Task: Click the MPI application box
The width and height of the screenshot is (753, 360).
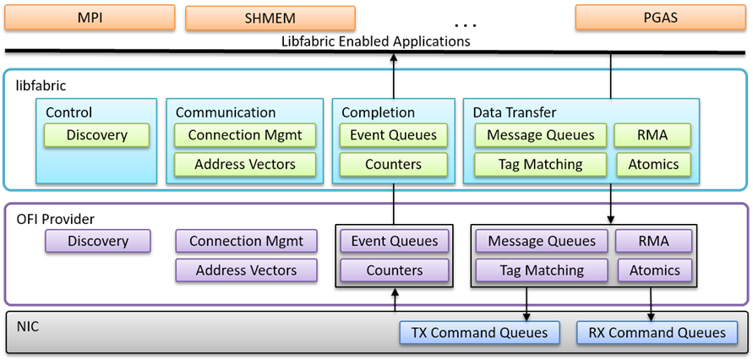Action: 90,17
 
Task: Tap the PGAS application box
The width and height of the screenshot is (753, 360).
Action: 659,17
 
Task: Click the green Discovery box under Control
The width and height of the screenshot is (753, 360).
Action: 96,135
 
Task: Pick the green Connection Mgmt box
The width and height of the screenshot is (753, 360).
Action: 245,135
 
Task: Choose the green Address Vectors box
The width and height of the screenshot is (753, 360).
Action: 245,164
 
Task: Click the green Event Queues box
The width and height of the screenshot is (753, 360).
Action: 393,135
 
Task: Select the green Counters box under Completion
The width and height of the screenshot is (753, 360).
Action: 393,164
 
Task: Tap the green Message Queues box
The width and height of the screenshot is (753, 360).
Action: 540,135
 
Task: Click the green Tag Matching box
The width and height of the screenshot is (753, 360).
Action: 540,164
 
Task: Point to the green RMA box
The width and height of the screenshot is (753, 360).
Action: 653,135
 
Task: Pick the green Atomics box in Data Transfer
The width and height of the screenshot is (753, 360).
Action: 653,164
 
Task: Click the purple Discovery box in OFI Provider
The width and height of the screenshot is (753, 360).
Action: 98,241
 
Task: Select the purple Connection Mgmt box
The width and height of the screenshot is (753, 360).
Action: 246,241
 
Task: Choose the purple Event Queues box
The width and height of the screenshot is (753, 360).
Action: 395,241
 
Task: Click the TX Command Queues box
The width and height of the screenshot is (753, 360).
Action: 480,333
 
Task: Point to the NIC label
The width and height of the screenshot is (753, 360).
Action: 29,323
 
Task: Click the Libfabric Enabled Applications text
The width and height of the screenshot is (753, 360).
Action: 377,41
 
